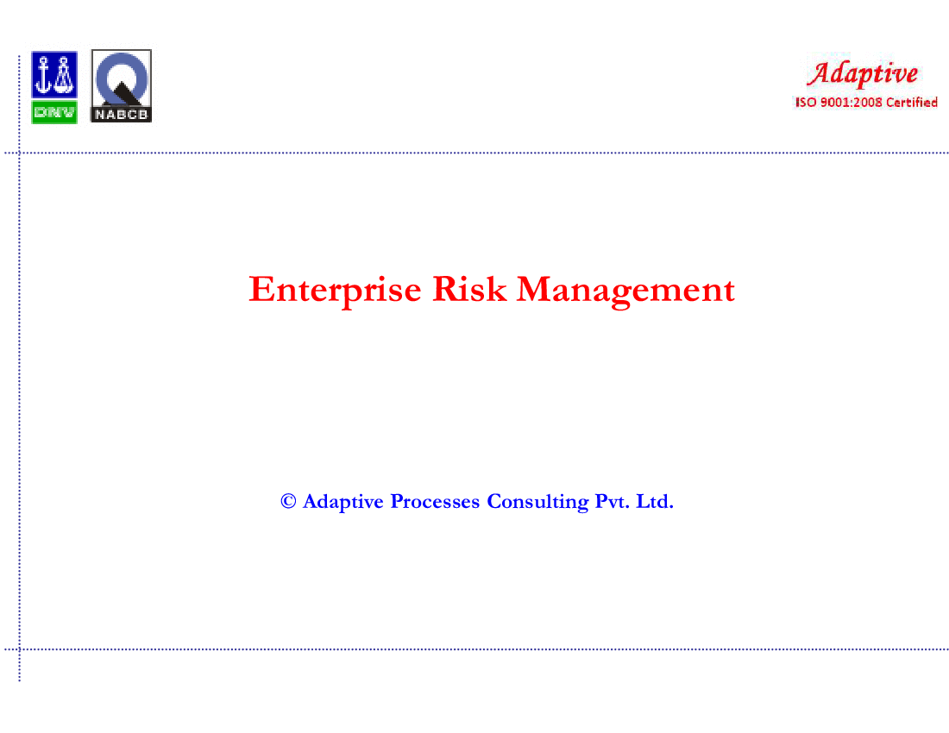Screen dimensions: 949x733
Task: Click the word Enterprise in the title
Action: [x=335, y=290]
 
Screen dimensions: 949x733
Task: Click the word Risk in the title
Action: [x=469, y=289]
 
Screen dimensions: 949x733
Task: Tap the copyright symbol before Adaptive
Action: [x=288, y=501]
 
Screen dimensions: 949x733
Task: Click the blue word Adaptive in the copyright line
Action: [x=343, y=502]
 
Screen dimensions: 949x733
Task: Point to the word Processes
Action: [x=435, y=501]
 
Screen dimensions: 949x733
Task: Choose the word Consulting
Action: [x=537, y=502]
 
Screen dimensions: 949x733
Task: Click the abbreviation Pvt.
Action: [x=612, y=501]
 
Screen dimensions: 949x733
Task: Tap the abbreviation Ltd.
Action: [x=654, y=501]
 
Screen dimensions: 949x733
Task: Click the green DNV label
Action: [x=54, y=112]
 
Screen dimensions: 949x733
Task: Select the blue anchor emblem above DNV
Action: [x=54, y=74]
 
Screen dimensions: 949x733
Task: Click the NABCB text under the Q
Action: [x=121, y=115]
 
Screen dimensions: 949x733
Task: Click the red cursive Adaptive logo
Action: [x=863, y=74]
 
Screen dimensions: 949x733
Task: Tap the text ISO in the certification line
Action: [x=806, y=103]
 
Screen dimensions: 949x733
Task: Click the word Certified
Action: [x=912, y=103]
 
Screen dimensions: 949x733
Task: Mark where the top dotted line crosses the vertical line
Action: [x=19, y=153]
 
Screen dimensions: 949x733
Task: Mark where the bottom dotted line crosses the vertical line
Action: [x=19, y=649]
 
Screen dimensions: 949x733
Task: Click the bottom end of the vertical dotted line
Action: [x=19, y=681]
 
